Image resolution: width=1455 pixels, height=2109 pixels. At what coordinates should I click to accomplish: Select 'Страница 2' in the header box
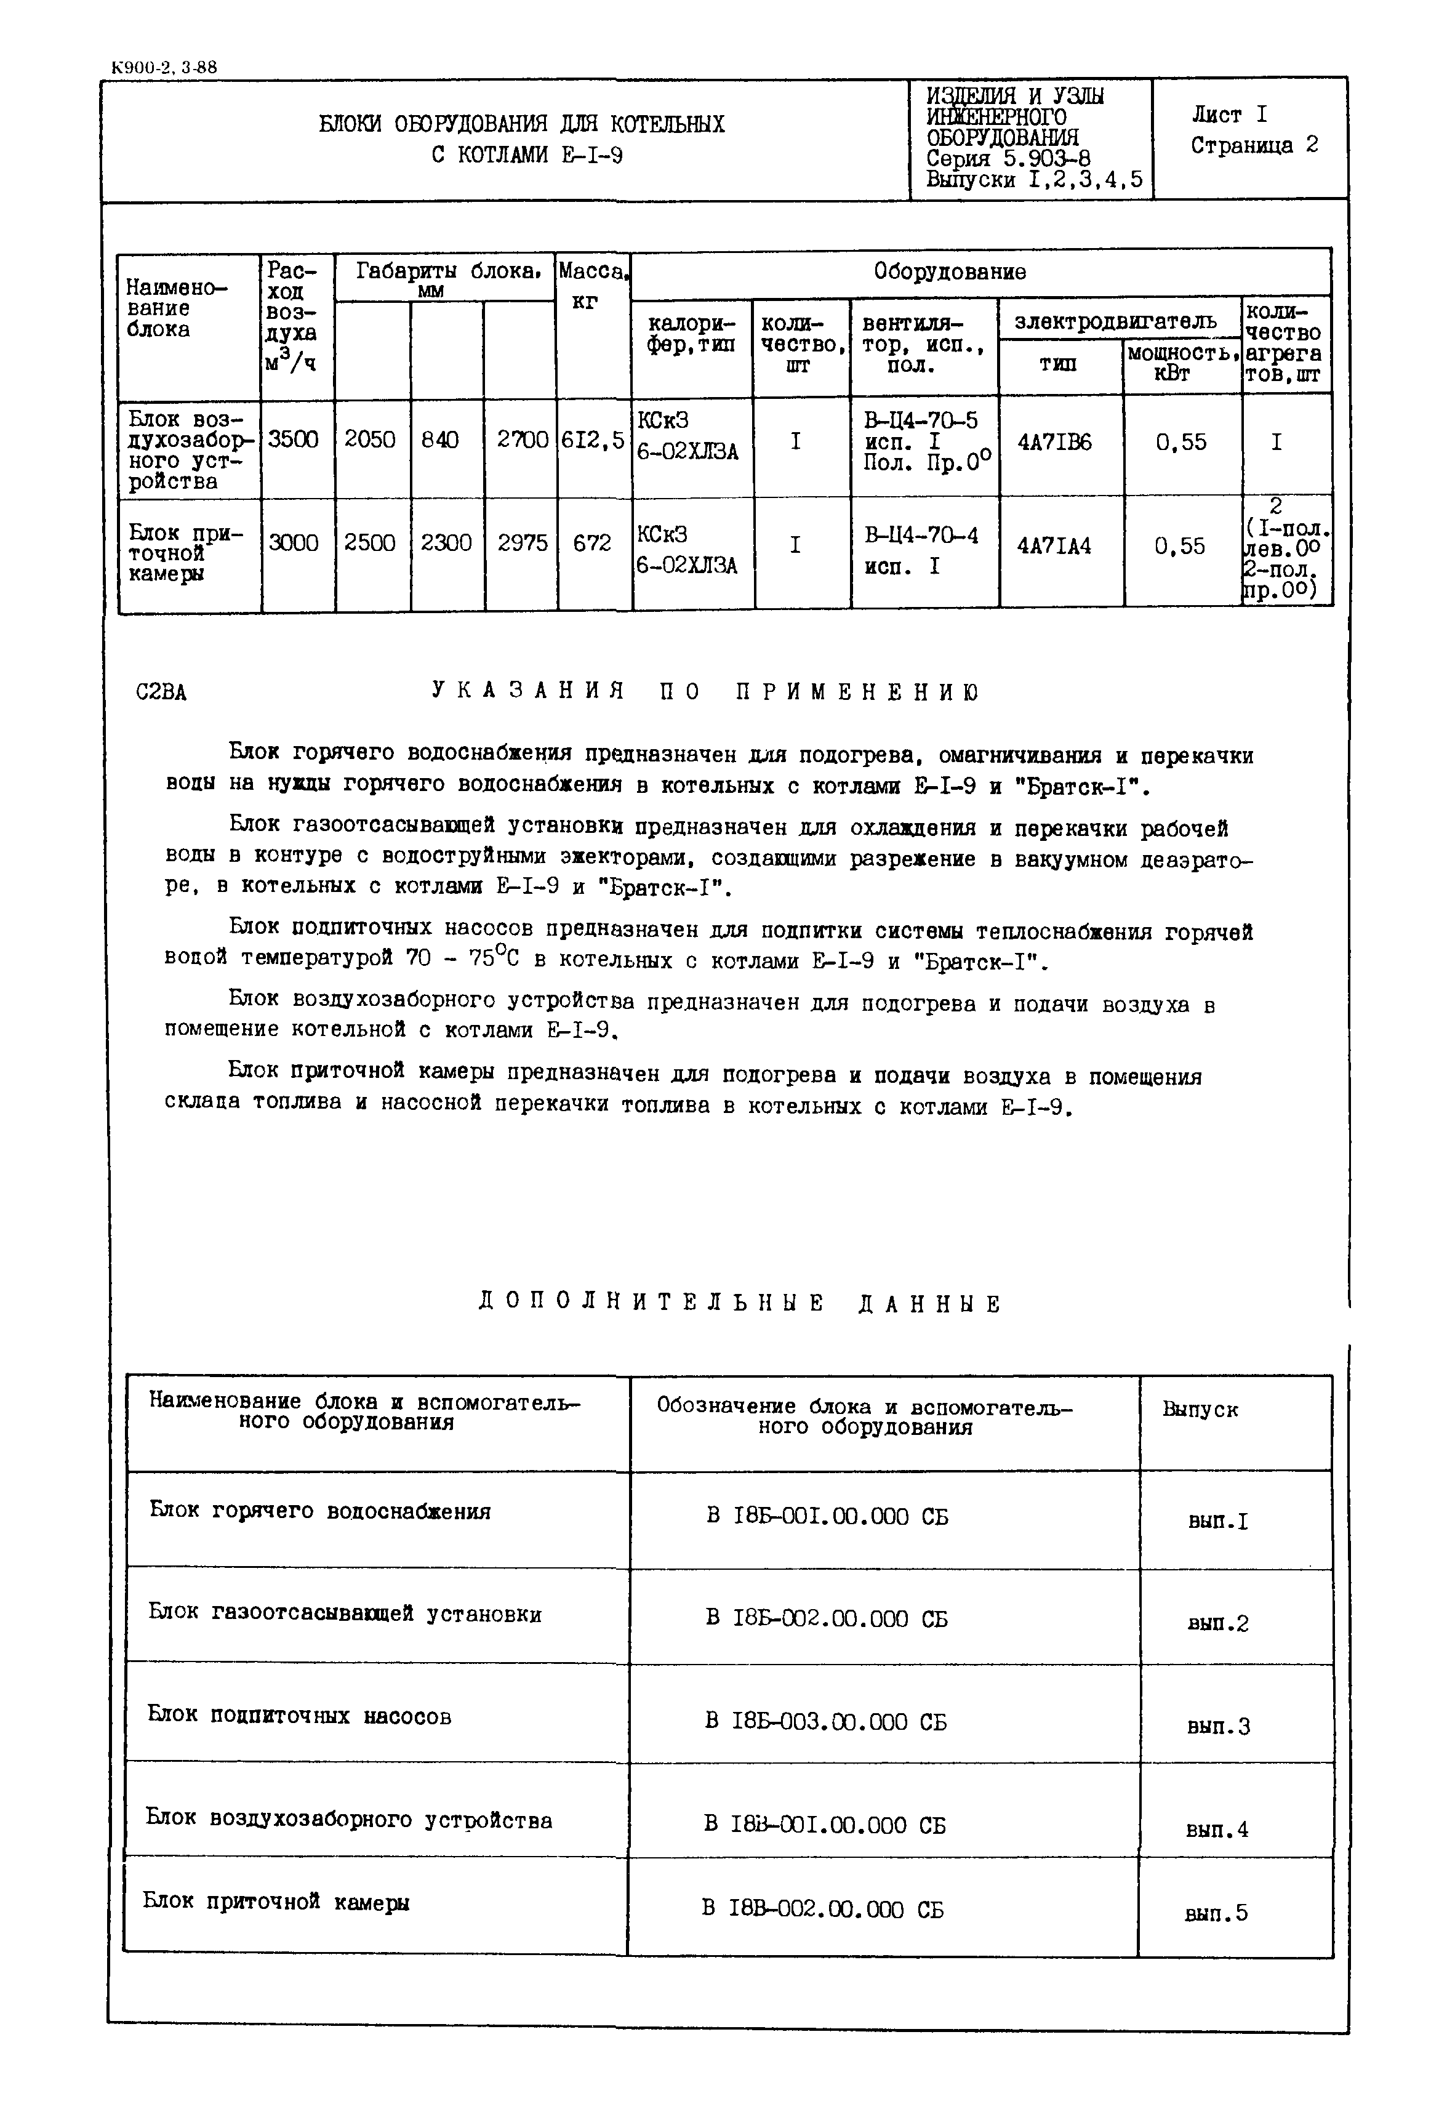point(1254,146)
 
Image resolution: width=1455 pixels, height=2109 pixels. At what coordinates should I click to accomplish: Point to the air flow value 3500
point(294,440)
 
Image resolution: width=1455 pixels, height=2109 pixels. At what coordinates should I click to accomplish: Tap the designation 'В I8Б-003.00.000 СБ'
point(826,1721)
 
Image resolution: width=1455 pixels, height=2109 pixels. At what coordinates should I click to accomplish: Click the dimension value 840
point(439,440)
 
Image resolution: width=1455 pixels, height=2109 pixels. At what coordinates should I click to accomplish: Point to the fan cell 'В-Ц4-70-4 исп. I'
point(921,550)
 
